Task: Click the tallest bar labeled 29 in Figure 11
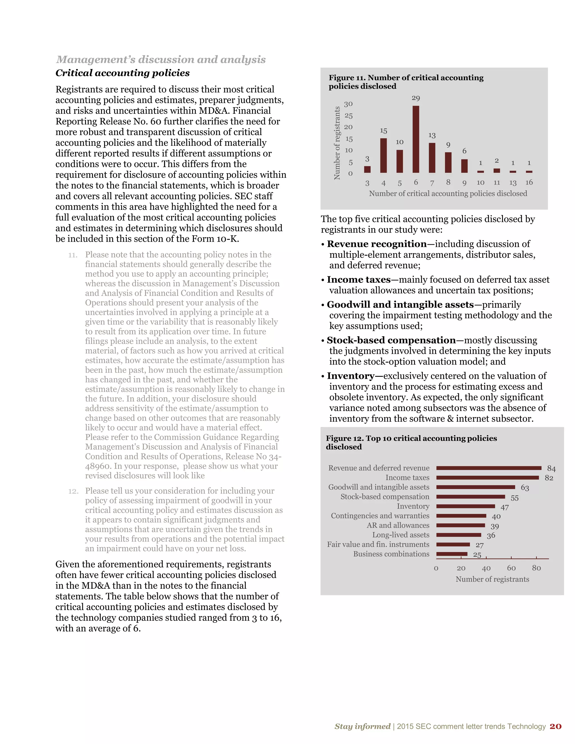[416, 139]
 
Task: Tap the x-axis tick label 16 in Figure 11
[529, 182]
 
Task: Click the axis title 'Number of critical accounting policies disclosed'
[448, 193]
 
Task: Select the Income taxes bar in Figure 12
[487, 478]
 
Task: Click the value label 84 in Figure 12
[551, 468]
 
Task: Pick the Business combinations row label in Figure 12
[391, 554]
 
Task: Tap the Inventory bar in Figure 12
[465, 506]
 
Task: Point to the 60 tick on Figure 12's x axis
[511, 568]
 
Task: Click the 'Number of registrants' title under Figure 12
[492, 579]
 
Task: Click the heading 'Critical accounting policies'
[123, 73]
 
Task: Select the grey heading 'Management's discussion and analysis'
[161, 59]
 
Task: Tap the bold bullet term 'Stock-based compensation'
[391, 340]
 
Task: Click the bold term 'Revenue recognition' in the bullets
[377, 244]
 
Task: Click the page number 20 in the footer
[555, 726]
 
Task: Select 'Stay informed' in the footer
[362, 726]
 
